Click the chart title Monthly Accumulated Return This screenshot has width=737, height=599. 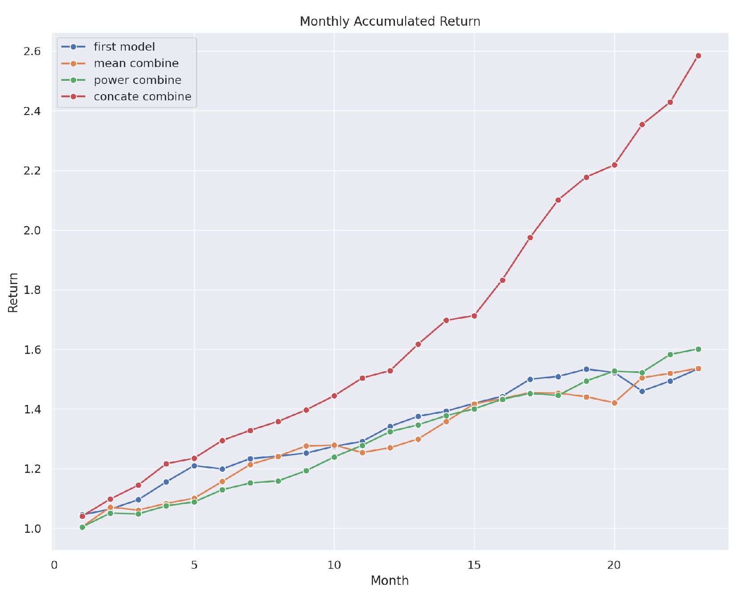pos(390,21)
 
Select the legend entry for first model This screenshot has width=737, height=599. pos(124,47)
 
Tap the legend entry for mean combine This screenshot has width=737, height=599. pos(136,63)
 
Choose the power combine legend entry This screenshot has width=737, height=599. pos(137,80)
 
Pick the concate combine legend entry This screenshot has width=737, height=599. pos(142,97)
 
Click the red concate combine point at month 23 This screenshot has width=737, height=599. pos(698,56)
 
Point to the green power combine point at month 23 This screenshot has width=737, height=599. pos(698,349)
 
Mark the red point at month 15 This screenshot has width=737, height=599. pos(474,316)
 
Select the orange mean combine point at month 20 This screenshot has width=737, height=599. pos(614,403)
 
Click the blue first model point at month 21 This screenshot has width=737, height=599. pos(642,391)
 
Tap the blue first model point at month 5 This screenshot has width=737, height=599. pos(194,466)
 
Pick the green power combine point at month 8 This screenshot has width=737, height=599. pos(278,481)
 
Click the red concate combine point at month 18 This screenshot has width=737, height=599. pos(558,200)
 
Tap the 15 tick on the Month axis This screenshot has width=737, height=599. pos(474,565)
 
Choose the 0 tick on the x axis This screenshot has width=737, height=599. pos(54,565)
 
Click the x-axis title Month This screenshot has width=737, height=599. pos(390,581)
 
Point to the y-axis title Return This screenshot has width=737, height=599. pos(14,292)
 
